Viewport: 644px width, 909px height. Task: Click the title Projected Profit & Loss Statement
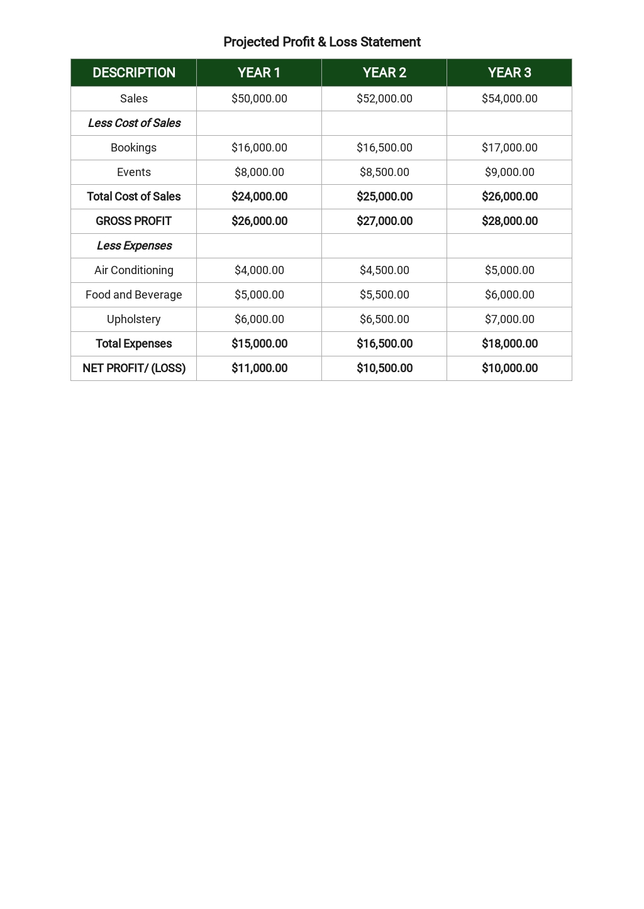[x=321, y=42]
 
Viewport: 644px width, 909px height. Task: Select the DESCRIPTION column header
[x=133, y=73]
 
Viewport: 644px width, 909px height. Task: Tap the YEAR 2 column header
[x=384, y=73]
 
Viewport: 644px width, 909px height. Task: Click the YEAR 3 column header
[x=509, y=73]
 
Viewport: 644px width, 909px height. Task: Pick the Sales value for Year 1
[x=259, y=99]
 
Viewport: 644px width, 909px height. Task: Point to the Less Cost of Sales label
[x=134, y=123]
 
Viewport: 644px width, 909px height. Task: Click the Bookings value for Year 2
[x=384, y=148]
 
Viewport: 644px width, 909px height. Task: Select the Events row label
[x=134, y=172]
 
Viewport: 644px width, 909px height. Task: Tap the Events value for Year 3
[x=509, y=172]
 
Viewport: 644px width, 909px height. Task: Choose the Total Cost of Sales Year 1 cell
[x=259, y=197]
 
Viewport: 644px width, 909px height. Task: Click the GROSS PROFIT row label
[x=133, y=221]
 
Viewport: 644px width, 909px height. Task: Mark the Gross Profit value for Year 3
[x=509, y=221]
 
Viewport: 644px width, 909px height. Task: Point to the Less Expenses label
[x=134, y=246]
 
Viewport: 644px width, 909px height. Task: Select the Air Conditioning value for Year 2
[x=384, y=270]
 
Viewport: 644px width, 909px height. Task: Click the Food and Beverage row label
[x=134, y=295]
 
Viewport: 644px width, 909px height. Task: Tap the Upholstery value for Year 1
[x=259, y=319]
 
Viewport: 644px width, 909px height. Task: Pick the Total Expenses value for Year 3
[x=509, y=344]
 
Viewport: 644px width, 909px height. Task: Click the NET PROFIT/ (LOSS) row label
[x=134, y=368]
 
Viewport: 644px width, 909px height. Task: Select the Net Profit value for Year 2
[x=384, y=368]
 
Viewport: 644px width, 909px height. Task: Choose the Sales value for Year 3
[x=509, y=99]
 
